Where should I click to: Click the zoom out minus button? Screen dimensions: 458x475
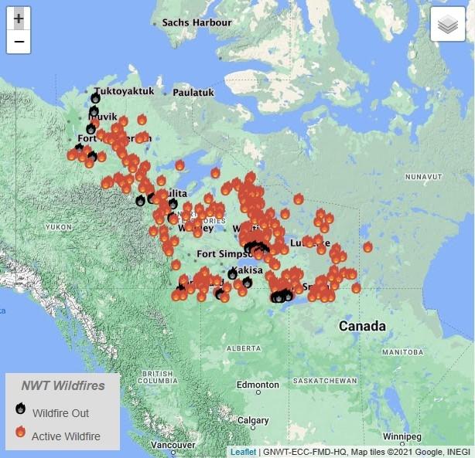(x=19, y=42)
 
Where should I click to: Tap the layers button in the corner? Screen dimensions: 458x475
(x=448, y=25)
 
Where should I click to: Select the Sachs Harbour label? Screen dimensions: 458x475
(x=196, y=22)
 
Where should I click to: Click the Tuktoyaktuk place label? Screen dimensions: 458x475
(x=124, y=91)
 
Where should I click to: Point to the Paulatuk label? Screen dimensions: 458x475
(x=193, y=92)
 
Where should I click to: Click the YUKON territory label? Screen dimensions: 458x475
(x=58, y=227)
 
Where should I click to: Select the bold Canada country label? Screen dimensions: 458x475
(x=362, y=326)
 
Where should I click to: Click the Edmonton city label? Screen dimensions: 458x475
(x=258, y=385)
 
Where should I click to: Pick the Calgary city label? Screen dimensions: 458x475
(x=254, y=421)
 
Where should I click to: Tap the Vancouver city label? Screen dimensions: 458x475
(x=173, y=446)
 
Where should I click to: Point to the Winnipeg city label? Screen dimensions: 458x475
(x=401, y=436)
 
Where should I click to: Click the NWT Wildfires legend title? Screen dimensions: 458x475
(x=62, y=386)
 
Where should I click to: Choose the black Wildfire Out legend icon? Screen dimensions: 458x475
(x=21, y=410)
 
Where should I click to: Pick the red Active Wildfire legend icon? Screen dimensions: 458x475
(x=21, y=433)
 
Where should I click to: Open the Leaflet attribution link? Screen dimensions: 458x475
(x=242, y=451)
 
